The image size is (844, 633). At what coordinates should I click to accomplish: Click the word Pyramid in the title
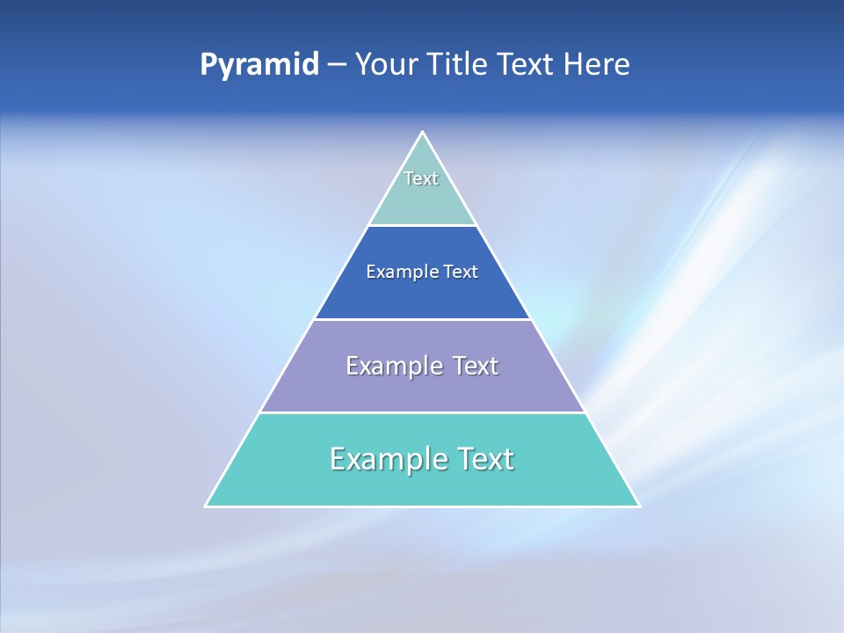(259, 65)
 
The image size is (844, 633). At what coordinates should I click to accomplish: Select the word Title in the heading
(461, 64)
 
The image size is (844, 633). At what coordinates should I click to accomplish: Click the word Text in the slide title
(526, 64)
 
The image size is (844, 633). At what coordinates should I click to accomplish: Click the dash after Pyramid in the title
(336, 65)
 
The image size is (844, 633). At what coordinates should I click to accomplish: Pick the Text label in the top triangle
(421, 178)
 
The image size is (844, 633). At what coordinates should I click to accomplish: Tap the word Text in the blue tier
(461, 272)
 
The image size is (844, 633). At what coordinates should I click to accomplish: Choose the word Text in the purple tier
(476, 366)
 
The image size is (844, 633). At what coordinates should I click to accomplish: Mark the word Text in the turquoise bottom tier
(484, 459)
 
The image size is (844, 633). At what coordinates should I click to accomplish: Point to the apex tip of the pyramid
(422, 133)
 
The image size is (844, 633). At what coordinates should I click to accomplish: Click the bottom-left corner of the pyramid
(207, 506)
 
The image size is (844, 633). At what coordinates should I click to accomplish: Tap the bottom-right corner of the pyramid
(638, 506)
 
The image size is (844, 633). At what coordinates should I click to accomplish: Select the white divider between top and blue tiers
(422, 225)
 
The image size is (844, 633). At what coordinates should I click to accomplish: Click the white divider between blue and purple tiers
(422, 319)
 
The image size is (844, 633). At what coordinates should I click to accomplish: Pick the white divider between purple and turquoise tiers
(422, 412)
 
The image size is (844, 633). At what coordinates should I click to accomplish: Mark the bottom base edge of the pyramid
(422, 506)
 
